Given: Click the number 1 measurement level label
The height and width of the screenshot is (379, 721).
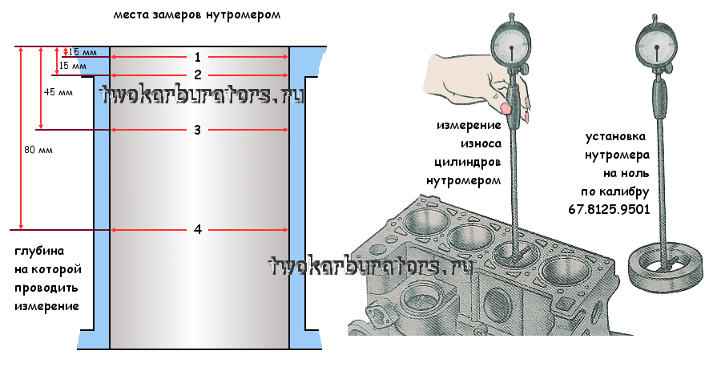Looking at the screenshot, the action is tap(197, 57).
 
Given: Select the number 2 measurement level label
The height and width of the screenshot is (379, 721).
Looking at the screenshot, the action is tap(197, 75).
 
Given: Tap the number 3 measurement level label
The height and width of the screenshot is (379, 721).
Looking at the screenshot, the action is tap(197, 130).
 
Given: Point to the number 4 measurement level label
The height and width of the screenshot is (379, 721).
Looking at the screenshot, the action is tap(198, 230).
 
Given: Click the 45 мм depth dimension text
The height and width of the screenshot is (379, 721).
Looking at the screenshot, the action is tap(57, 92).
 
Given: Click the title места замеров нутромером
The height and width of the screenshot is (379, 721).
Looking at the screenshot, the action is tap(197, 15).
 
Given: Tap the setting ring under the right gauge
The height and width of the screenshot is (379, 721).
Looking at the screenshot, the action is tap(664, 268).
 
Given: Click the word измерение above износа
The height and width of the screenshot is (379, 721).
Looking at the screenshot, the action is tap(469, 125).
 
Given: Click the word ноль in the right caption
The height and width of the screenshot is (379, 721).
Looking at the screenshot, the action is tap(631, 172).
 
